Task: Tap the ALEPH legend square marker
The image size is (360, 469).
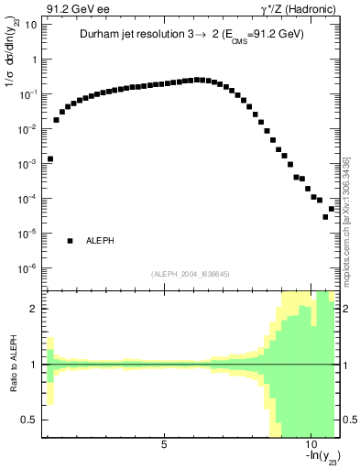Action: [70, 241]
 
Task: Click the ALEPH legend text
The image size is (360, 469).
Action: [102, 241]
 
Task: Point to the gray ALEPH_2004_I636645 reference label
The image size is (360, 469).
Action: [191, 273]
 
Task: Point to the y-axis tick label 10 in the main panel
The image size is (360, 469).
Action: [29, 25]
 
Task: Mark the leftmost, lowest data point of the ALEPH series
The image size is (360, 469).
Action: [50, 158]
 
